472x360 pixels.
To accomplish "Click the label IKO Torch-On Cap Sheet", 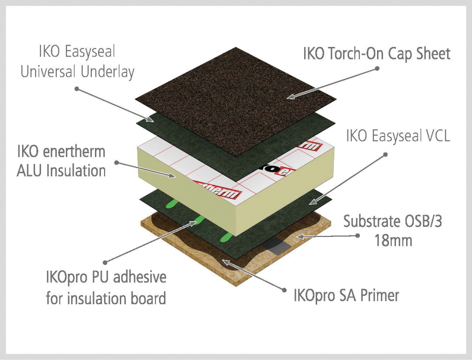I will point(376,53).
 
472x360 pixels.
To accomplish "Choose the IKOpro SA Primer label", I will point(346,295).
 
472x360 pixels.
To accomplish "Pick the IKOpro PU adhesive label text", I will point(106,288).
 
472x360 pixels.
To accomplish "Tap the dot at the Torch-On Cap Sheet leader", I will point(377,68).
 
